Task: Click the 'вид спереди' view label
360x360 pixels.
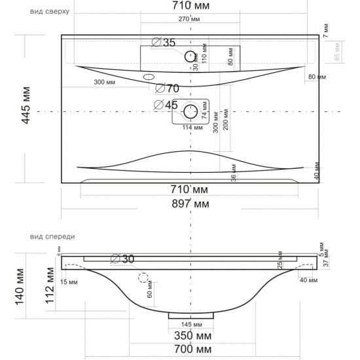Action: [x=53, y=237]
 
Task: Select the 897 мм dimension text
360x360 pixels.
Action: [x=190, y=205]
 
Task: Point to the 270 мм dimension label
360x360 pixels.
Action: [x=189, y=19]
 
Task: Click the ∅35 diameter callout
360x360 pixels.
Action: [x=164, y=43]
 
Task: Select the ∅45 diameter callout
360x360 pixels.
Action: [x=166, y=104]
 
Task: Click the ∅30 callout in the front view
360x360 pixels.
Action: [x=124, y=259]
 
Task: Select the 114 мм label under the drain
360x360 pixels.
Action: [x=190, y=128]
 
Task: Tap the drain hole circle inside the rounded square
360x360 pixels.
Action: [x=190, y=111]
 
